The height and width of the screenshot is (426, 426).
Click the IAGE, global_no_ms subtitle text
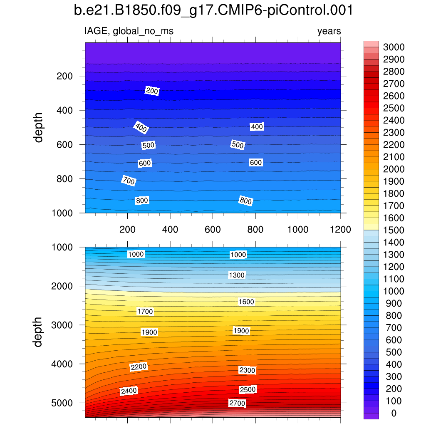click(x=129, y=31)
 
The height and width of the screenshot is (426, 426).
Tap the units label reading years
click(x=329, y=31)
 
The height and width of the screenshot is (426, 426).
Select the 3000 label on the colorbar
click(x=393, y=47)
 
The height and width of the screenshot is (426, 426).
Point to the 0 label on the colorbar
click(x=393, y=413)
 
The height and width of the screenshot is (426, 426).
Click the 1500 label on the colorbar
click(x=393, y=230)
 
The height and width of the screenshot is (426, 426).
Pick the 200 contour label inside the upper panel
click(x=152, y=91)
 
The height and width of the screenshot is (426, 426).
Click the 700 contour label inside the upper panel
click(x=129, y=181)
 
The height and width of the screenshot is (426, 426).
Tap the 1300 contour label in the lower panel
click(x=237, y=275)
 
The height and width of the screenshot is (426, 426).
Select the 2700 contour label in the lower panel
click(x=237, y=403)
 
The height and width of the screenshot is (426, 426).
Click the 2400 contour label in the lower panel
click(x=129, y=391)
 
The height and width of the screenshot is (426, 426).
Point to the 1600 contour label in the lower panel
click(x=246, y=302)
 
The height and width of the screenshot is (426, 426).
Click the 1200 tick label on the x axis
click(x=341, y=230)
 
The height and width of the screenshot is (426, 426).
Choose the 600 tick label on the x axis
click(x=213, y=230)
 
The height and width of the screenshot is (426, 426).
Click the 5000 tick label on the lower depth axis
click(x=62, y=403)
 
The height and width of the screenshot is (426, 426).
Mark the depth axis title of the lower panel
click(x=39, y=332)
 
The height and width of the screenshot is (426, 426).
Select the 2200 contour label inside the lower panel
click(x=139, y=367)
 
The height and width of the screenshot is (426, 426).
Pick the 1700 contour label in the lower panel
click(x=145, y=311)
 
